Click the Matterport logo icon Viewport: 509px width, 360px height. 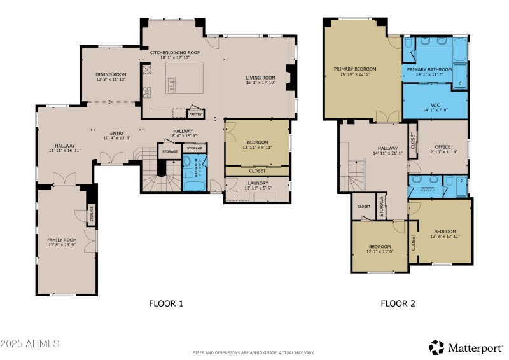[436, 347]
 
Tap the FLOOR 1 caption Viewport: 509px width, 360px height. [166, 303]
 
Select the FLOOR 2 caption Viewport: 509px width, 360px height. [398, 303]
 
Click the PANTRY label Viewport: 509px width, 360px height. [195, 114]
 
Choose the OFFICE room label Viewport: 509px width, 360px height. [442, 146]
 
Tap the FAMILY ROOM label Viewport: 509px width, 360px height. [62, 240]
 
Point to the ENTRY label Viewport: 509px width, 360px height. [116, 133]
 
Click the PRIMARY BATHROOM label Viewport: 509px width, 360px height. [429, 69]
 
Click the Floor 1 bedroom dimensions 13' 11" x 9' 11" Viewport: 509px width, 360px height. [257, 147]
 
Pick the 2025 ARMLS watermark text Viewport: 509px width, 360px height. [30, 343]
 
